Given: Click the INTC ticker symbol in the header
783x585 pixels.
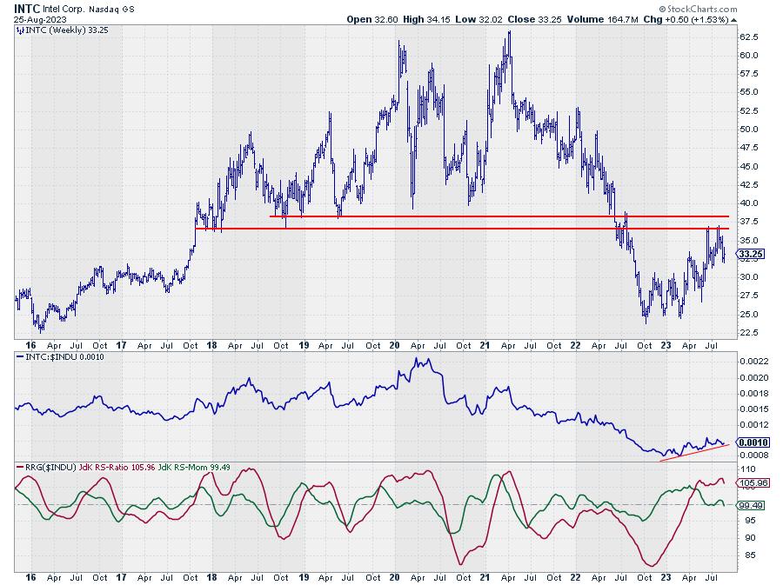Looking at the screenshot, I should point(25,8).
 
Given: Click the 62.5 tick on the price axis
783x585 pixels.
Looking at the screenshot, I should point(749,37).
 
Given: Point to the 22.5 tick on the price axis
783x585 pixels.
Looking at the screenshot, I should point(749,333).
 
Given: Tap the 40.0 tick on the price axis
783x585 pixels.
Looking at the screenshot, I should point(749,203).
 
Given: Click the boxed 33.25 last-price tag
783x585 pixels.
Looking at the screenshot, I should point(750,255).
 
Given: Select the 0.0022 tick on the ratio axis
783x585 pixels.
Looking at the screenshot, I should point(753,362).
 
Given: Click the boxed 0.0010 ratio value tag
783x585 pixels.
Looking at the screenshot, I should point(753,442).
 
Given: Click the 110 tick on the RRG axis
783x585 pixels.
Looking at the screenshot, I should point(746,469).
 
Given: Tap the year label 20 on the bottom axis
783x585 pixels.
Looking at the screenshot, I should point(394,576).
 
